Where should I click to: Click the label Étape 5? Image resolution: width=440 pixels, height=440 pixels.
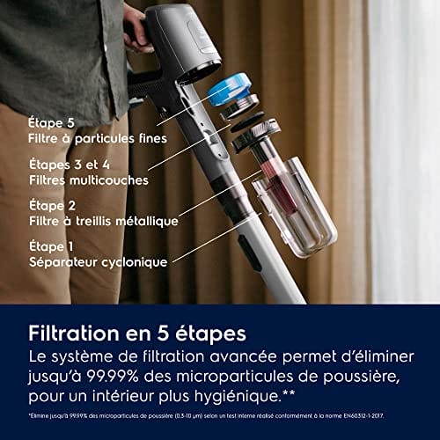click(x=50, y=122)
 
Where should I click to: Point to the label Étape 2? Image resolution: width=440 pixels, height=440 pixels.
click(x=50, y=205)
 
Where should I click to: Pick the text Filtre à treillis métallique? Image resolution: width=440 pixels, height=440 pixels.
click(x=104, y=221)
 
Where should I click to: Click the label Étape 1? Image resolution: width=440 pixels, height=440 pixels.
click(x=50, y=246)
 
